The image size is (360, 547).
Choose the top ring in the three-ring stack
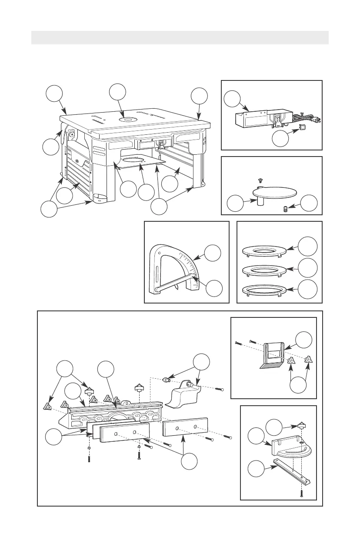click(x=263, y=252)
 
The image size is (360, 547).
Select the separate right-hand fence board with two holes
click(x=185, y=428)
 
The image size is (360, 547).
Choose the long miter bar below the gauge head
click(x=292, y=472)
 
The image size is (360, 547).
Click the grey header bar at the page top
click(x=180, y=37)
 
